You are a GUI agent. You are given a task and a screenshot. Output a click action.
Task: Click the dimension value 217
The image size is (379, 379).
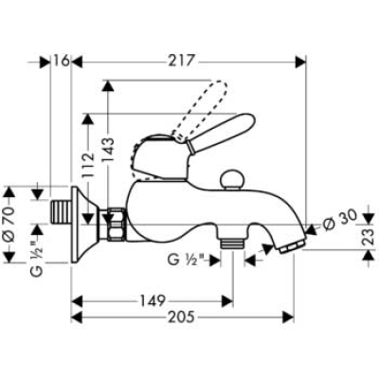[x=180, y=61]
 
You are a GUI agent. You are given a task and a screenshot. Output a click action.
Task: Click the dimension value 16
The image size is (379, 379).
[x=61, y=61]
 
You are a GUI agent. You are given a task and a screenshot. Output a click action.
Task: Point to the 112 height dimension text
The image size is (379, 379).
[x=89, y=164]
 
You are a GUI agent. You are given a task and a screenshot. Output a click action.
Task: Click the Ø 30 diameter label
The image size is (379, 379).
[x=339, y=218]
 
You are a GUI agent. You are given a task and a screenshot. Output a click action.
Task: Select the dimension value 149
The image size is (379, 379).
[x=153, y=301]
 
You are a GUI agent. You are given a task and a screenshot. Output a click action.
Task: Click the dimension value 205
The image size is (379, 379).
[x=180, y=316]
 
